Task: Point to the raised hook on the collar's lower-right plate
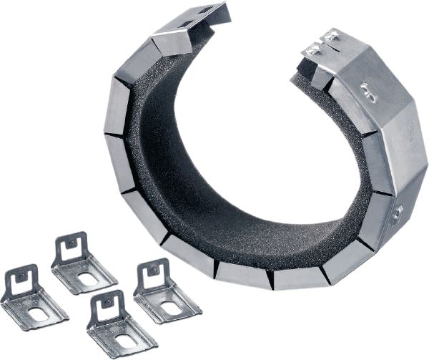click(x=398, y=212)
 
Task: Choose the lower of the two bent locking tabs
click(x=312, y=49)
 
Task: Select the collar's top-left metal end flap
click(x=189, y=25)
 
